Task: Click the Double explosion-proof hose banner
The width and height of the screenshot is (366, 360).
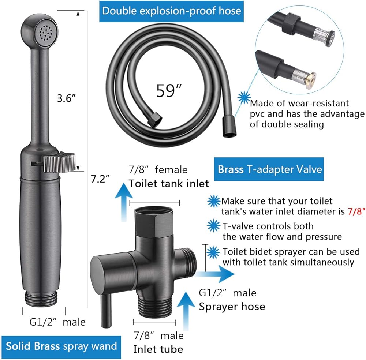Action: tap(172, 11)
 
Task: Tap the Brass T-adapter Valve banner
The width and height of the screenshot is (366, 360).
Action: tap(270, 169)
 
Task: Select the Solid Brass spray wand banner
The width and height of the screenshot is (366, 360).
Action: tap(61, 346)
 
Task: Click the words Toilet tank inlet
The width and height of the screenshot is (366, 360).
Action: tap(168, 183)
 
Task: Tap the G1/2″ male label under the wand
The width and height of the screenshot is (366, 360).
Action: tap(57, 322)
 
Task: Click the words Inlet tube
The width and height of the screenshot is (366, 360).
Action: tap(158, 349)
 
